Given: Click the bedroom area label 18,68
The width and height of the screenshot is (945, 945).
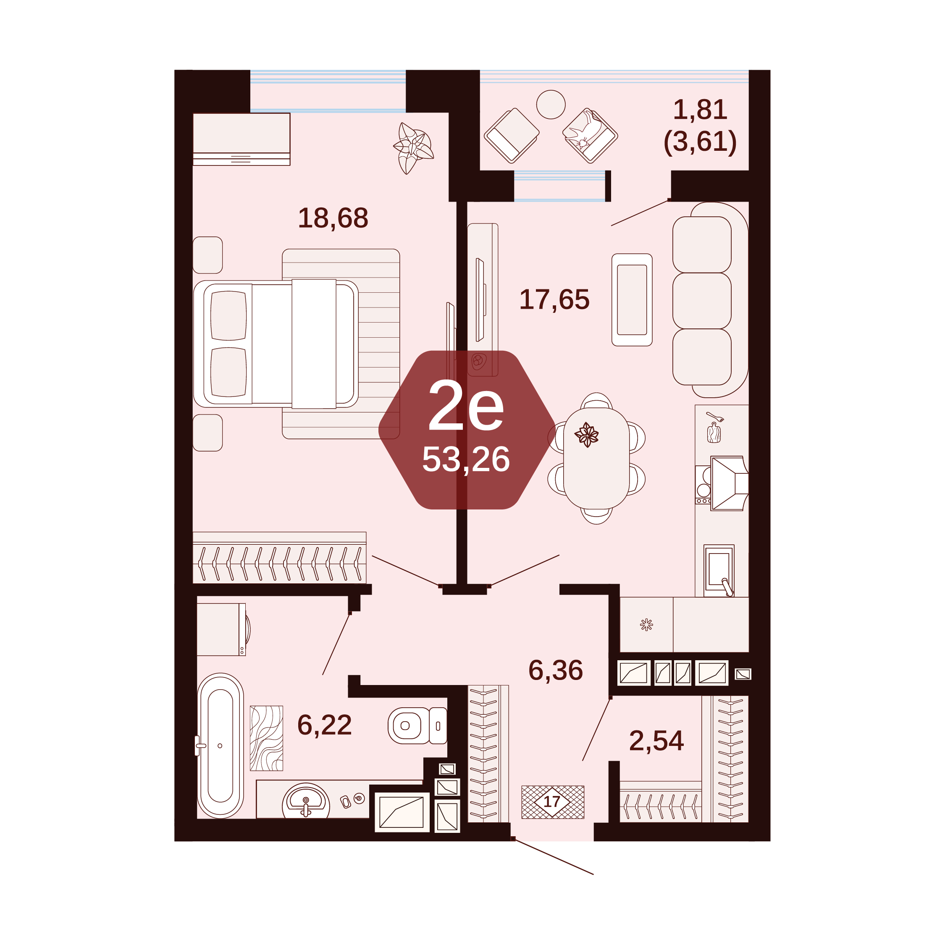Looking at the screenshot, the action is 333,218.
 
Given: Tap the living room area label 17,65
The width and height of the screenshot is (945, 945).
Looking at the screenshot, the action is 554,299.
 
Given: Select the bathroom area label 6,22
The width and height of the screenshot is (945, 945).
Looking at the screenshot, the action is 324,725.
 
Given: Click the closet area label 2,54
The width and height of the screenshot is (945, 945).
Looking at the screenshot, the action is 656,740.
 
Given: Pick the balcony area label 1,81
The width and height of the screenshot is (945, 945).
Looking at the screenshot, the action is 700,109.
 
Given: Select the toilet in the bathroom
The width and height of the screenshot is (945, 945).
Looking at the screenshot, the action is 417,726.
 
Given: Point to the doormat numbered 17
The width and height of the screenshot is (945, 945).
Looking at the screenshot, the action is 553,802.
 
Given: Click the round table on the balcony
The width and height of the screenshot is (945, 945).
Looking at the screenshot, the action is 551,104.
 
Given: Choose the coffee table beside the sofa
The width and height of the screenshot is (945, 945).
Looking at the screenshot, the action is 632,300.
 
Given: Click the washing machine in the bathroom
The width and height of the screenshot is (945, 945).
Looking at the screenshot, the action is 223,629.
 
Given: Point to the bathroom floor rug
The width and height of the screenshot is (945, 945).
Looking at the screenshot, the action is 267,738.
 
